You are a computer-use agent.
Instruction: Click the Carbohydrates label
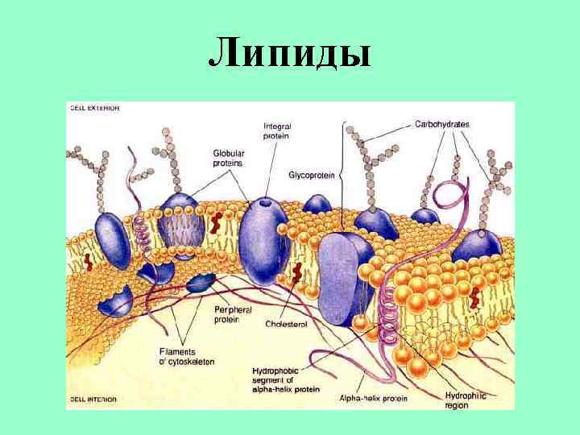point(442,124)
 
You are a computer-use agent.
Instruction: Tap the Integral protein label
point(277,131)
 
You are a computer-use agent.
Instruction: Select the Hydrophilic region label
point(467,400)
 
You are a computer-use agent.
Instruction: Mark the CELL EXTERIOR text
point(94,107)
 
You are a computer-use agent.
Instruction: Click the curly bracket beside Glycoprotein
point(342,174)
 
